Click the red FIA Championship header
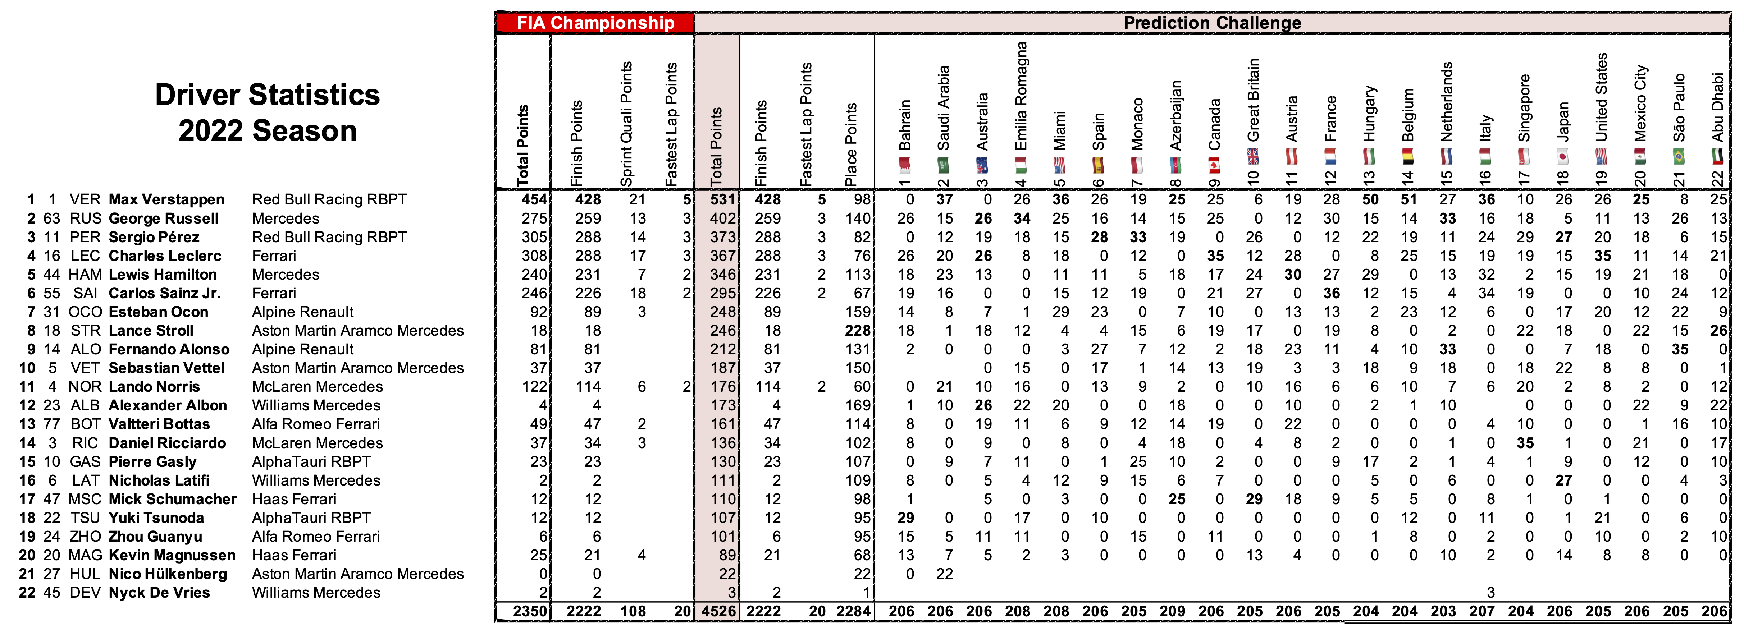click(595, 23)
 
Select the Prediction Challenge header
click(1212, 23)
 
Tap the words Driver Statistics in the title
click(268, 95)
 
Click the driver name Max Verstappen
click(166, 199)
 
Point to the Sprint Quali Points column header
click(626, 124)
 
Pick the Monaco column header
click(1137, 124)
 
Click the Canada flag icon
click(1215, 165)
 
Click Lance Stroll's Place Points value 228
click(857, 331)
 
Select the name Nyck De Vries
click(159, 593)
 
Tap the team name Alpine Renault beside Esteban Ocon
click(303, 312)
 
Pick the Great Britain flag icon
click(1253, 157)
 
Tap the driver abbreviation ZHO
click(85, 537)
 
